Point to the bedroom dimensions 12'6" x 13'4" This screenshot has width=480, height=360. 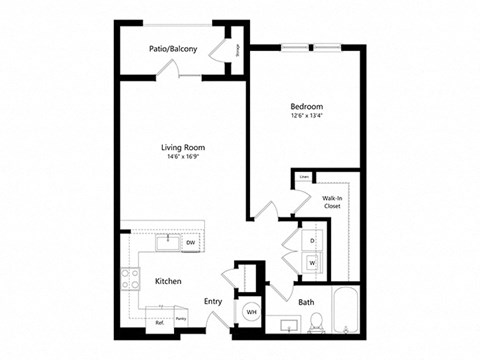[x=306, y=115]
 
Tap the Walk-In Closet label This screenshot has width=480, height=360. [x=333, y=204]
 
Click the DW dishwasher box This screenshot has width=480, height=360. [x=190, y=242]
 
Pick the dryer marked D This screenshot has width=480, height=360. [x=312, y=242]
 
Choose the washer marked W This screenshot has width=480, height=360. [x=312, y=263]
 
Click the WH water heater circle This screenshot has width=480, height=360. [x=250, y=313]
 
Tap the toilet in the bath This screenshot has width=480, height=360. [x=315, y=322]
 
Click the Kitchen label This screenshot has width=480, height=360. [x=168, y=282]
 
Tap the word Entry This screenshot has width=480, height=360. [x=213, y=301]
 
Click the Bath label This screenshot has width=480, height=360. [x=306, y=301]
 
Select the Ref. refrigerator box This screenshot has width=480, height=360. [x=158, y=322]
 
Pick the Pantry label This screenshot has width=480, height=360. [x=181, y=319]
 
